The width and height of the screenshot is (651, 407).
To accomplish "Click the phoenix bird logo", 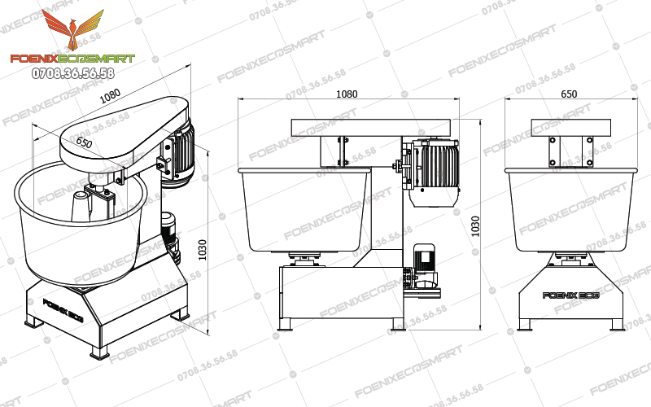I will (73, 31).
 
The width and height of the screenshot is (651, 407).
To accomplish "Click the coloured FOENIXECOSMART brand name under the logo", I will (72, 59).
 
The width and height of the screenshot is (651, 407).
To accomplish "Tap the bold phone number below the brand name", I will (72, 73).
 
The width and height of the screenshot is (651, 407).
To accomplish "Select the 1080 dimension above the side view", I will (347, 94).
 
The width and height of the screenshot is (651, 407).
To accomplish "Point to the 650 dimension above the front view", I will (570, 94).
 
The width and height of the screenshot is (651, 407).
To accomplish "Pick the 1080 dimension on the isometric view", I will (111, 97).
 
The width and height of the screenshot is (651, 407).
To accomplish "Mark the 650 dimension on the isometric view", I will (84, 142).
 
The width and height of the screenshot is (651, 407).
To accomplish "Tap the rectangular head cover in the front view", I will (570, 127).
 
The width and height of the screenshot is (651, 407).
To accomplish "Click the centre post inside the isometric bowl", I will (82, 207).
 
